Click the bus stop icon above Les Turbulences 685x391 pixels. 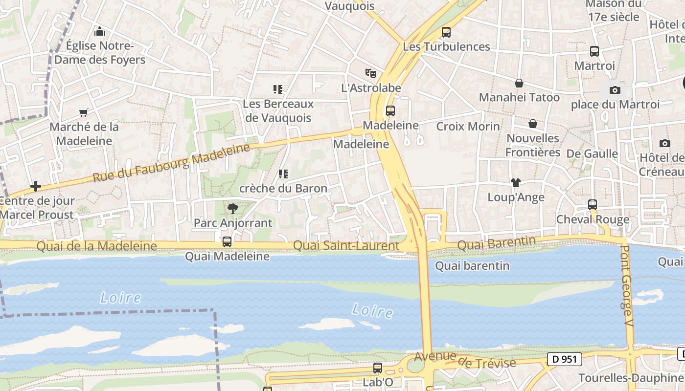[446, 32]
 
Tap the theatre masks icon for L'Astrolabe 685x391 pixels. [371, 73]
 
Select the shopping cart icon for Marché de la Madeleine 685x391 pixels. [84, 112]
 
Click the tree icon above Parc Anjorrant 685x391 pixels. [232, 209]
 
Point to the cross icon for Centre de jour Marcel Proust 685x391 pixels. [35, 186]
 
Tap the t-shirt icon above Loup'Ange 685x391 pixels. [515, 183]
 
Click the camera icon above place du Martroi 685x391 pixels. [615, 90]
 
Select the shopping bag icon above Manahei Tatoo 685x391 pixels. [519, 83]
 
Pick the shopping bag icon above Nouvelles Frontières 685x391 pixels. [532, 124]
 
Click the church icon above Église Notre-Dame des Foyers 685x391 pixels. [100, 31]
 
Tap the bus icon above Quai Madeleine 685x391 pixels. [227, 241]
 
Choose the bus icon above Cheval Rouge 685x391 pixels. [592, 204]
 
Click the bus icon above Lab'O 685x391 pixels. [377, 368]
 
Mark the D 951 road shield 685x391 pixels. [565, 359]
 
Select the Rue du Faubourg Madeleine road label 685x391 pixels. [171, 162]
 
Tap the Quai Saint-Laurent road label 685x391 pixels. [345, 246]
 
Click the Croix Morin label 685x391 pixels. [468, 126]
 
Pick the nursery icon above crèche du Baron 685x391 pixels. [283, 174]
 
